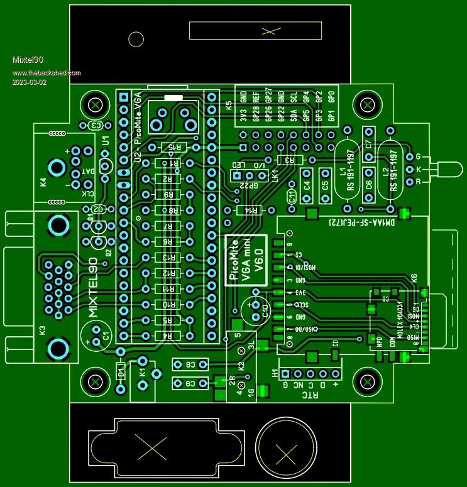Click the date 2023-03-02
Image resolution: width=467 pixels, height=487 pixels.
point(29,83)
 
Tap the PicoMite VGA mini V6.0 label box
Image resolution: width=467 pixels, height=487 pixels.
point(247,260)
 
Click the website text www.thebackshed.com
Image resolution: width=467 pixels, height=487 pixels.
point(47,72)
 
